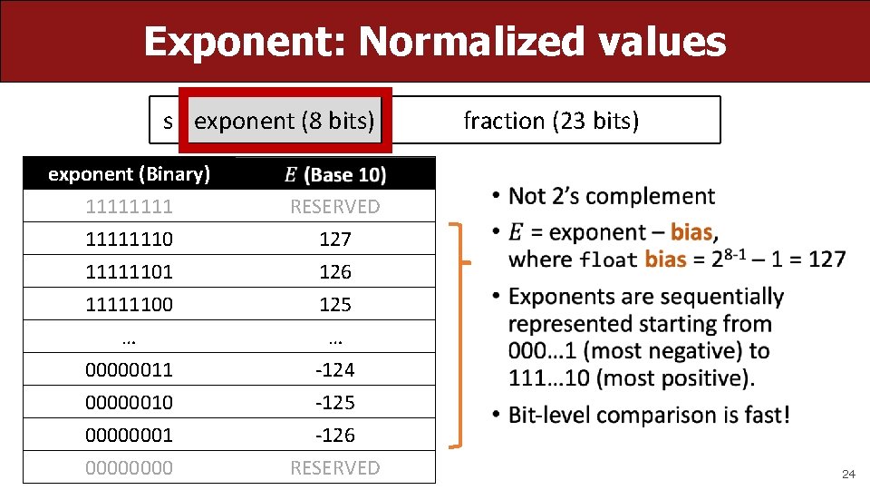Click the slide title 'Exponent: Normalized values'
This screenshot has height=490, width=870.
(x=434, y=42)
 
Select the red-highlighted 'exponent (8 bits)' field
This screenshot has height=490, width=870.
(x=285, y=121)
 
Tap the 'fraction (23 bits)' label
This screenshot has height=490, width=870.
(x=551, y=121)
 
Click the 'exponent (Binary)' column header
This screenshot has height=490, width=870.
(x=129, y=173)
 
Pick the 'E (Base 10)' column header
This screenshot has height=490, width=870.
(x=334, y=174)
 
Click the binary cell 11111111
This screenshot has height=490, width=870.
(x=129, y=207)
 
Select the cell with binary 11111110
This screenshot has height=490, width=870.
(x=129, y=240)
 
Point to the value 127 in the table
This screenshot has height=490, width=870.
(x=334, y=240)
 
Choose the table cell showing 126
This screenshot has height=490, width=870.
(x=334, y=272)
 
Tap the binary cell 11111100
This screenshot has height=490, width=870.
(x=129, y=305)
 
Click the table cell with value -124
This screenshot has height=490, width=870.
(x=334, y=370)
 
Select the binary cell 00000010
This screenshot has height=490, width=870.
(x=129, y=403)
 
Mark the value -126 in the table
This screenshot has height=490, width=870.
(x=334, y=436)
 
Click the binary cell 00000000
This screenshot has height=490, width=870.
(x=129, y=468)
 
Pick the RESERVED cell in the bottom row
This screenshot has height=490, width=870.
(x=334, y=468)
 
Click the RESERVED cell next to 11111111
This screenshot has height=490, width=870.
(x=334, y=207)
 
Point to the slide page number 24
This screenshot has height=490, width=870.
(x=848, y=475)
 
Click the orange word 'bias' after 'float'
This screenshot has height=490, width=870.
(x=665, y=260)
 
